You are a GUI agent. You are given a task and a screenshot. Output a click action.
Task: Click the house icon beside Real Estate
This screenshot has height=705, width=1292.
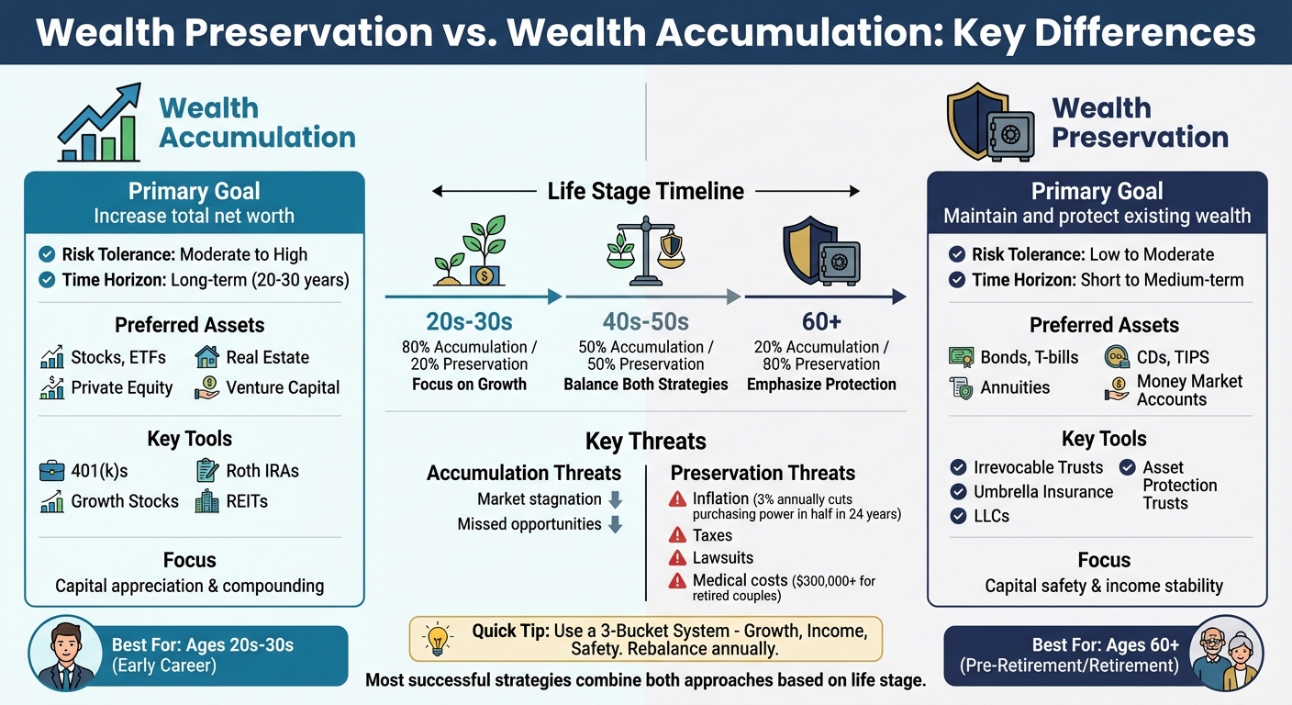[x=206, y=357]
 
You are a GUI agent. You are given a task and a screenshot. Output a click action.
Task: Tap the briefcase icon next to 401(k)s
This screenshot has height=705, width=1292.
[x=51, y=472]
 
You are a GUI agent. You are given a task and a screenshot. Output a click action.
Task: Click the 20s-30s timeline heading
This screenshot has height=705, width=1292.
[x=469, y=322]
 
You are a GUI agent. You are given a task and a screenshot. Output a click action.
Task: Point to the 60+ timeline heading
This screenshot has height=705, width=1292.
[x=821, y=322]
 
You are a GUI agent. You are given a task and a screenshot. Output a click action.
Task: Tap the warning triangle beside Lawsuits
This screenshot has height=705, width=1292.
[x=677, y=558]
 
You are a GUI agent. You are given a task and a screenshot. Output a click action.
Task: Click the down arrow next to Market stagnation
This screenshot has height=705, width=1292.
[x=615, y=500]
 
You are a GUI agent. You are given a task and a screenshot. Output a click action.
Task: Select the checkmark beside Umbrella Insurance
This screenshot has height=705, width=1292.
[x=958, y=492]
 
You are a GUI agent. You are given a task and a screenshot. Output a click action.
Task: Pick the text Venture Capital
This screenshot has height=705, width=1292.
[x=283, y=387]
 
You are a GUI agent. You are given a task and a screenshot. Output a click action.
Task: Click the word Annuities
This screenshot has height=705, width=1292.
[x=1015, y=387]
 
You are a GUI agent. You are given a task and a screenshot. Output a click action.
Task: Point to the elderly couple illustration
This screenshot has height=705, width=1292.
[x=1226, y=655]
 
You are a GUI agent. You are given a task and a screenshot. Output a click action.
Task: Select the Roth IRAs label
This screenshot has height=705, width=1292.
[x=262, y=471]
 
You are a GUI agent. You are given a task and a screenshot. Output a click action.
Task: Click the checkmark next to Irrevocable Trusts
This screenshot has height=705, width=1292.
[x=958, y=467]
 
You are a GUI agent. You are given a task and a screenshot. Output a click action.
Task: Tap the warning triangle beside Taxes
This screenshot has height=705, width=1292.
[x=677, y=535]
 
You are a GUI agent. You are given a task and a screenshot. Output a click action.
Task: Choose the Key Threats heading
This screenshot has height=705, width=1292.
[x=645, y=441]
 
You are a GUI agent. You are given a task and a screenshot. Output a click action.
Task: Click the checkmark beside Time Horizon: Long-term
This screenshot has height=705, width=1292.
[x=47, y=280]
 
